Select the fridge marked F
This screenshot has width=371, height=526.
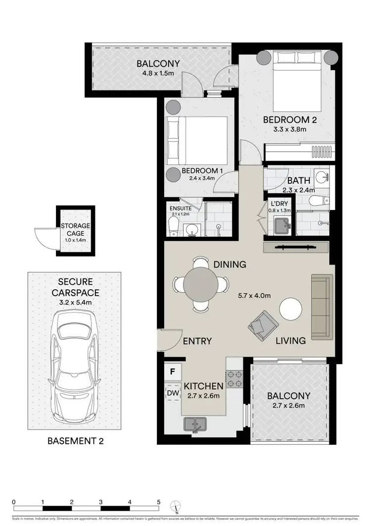click(x=173, y=370)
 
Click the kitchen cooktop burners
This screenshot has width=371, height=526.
click(x=234, y=379)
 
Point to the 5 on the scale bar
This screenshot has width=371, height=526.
click(x=158, y=502)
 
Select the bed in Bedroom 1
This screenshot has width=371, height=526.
click(x=197, y=140)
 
